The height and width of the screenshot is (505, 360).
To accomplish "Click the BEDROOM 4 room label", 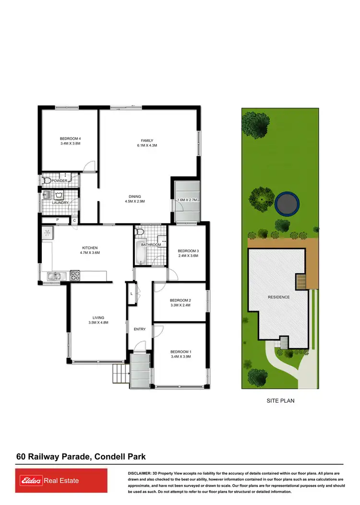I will [70, 138].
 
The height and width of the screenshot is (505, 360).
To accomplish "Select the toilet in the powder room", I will [47, 181].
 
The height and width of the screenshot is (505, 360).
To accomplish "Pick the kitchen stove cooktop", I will [76, 276].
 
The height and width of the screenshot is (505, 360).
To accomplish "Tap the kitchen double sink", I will [55, 276].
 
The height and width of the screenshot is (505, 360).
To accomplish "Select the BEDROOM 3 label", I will [188, 251].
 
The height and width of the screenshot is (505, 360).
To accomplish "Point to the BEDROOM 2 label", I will [180, 300].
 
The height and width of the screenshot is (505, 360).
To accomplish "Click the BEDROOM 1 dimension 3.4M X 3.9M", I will [180, 357].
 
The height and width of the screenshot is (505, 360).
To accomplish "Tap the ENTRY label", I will [140, 329].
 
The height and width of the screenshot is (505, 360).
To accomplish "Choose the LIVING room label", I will [98, 317].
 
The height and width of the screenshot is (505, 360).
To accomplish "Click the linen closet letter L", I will [131, 293].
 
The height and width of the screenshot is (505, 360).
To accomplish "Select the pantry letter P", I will [58, 220].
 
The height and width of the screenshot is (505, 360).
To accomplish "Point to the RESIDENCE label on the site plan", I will [279, 297].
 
